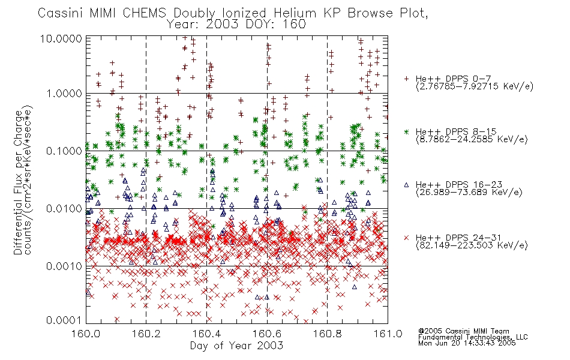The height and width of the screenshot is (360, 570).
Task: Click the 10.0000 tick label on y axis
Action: click(61, 38)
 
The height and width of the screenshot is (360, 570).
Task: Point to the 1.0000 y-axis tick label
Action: click(64, 94)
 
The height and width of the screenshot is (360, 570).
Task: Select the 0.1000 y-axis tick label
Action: click(64, 151)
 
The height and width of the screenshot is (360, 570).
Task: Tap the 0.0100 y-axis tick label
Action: click(64, 209)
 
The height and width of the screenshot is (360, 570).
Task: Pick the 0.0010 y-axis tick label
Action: click(64, 266)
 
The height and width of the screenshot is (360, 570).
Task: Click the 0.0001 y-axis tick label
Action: click(64, 320)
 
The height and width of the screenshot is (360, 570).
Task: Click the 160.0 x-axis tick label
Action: click(86, 334)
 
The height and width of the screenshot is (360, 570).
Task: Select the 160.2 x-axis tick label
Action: click(146, 334)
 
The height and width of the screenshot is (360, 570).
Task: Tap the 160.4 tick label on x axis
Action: click(206, 334)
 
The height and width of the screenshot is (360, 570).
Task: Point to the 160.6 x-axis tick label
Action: click(267, 334)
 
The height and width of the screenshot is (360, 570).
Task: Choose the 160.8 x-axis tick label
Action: click(327, 334)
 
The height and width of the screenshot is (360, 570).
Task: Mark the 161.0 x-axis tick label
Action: click(388, 334)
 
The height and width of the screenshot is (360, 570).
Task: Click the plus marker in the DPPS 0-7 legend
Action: click(406, 79)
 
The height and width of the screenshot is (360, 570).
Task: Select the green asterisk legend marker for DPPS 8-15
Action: click(406, 132)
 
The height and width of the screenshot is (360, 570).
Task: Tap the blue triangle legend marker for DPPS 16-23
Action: click(406, 185)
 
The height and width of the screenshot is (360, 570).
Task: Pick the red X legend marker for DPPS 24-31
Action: click(406, 238)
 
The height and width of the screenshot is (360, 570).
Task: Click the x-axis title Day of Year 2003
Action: click(236, 346)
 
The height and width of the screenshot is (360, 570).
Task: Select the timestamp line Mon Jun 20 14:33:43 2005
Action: click(467, 343)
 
